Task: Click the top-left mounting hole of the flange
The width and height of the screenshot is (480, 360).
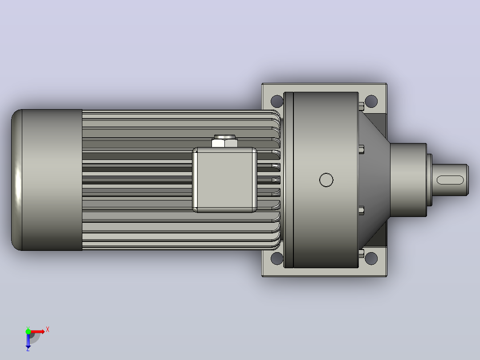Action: tap(277, 102)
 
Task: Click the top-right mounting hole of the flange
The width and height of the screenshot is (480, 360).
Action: tap(371, 102)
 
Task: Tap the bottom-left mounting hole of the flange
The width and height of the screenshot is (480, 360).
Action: tap(277, 258)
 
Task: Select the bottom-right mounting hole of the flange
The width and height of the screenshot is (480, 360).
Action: tap(371, 258)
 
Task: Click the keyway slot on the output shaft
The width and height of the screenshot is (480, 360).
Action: tap(450, 180)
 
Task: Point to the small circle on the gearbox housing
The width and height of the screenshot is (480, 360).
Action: tap(326, 180)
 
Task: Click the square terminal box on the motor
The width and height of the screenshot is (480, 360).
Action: tap(224, 180)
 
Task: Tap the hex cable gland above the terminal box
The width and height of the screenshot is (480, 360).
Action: tap(225, 141)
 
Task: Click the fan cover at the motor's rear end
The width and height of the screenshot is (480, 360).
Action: tap(46, 180)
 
